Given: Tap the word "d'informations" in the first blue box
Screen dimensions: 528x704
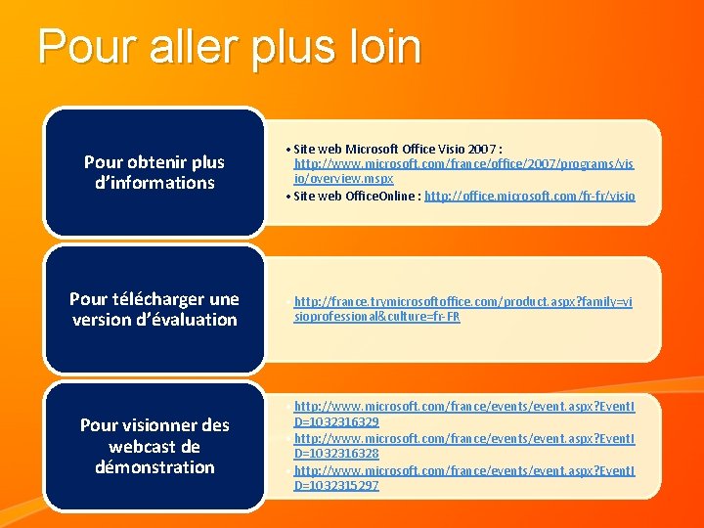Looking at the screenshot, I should pyautogui.click(x=154, y=183).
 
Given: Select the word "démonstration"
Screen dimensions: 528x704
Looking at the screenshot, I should pyautogui.click(x=154, y=467).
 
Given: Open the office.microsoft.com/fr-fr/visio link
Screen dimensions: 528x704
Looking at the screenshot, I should pyautogui.click(x=529, y=196).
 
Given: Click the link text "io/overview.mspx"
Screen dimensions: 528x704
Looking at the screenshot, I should pyautogui.click(x=343, y=179).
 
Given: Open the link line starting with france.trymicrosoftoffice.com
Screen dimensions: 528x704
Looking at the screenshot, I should pyautogui.click(x=462, y=302).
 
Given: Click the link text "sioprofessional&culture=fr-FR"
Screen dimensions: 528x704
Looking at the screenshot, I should pyautogui.click(x=376, y=318).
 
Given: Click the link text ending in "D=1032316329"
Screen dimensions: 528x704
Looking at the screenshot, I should pyautogui.click(x=336, y=421).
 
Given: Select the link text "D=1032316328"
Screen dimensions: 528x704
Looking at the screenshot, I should pyautogui.click(x=336, y=453).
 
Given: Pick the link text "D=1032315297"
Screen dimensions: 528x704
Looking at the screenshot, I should pyautogui.click(x=336, y=485).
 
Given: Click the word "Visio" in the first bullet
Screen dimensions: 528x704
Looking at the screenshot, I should pyautogui.click(x=445, y=149).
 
